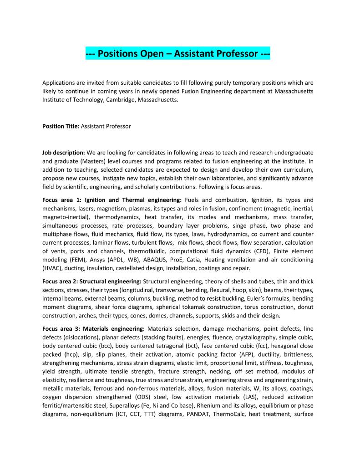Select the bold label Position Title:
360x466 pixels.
tap(61, 126)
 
